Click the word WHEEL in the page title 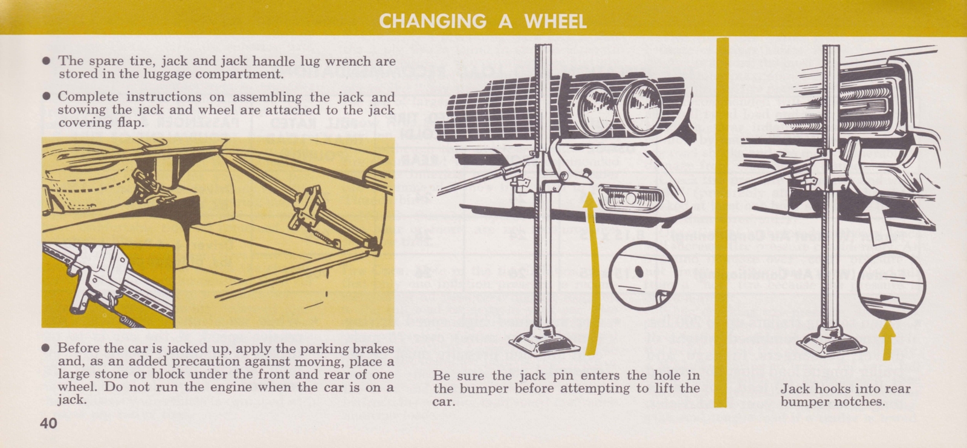[555, 22]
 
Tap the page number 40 [49, 423]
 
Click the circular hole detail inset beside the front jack [641, 275]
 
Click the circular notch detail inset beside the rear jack [890, 285]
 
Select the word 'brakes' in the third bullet [375, 348]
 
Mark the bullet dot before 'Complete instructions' [47, 97]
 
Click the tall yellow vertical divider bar [722, 223]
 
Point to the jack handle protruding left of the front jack [477, 184]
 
